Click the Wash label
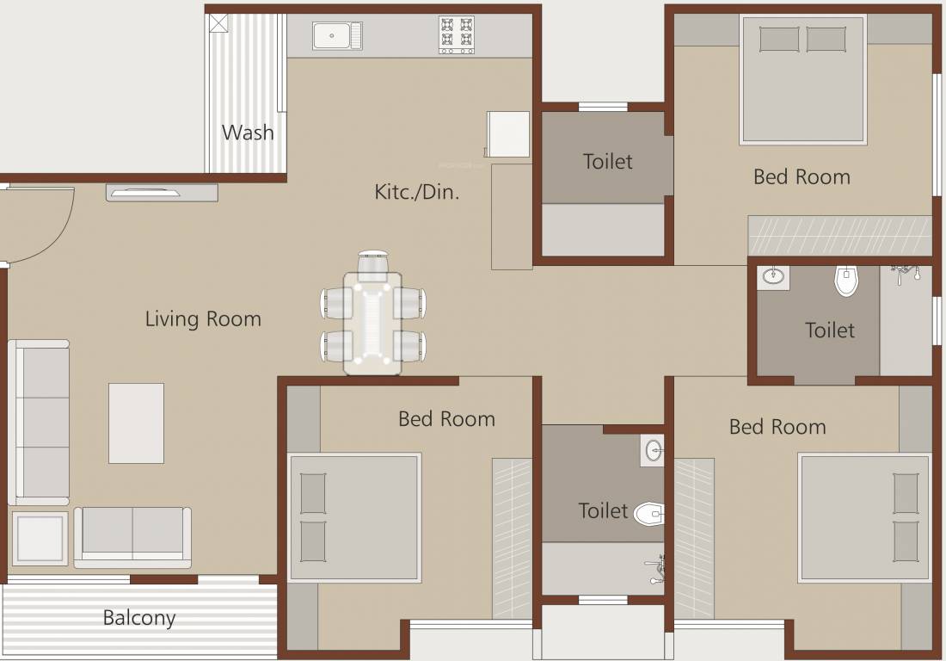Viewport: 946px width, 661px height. click(248, 133)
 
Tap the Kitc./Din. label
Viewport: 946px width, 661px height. click(417, 191)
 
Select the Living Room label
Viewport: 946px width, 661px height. click(203, 319)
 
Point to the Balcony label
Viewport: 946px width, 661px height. click(139, 618)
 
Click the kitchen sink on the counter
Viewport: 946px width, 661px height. click(336, 36)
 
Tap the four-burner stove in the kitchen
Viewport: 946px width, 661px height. click(457, 35)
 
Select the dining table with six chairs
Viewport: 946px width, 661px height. click(372, 323)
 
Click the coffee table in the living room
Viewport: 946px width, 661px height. click(136, 423)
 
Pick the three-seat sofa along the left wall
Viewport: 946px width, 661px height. click(39, 422)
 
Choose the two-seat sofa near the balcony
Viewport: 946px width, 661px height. click(132, 536)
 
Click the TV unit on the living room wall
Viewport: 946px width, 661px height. click(162, 193)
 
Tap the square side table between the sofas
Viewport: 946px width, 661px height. click(40, 539)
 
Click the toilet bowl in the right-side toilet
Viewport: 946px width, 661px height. click(846, 280)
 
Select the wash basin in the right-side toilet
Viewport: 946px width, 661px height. click(772, 276)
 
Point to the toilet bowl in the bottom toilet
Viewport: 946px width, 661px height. click(648, 515)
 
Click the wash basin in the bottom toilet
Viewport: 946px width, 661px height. click(653, 450)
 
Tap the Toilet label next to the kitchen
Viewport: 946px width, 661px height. click(607, 161)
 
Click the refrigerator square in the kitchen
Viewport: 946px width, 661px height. click(508, 134)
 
